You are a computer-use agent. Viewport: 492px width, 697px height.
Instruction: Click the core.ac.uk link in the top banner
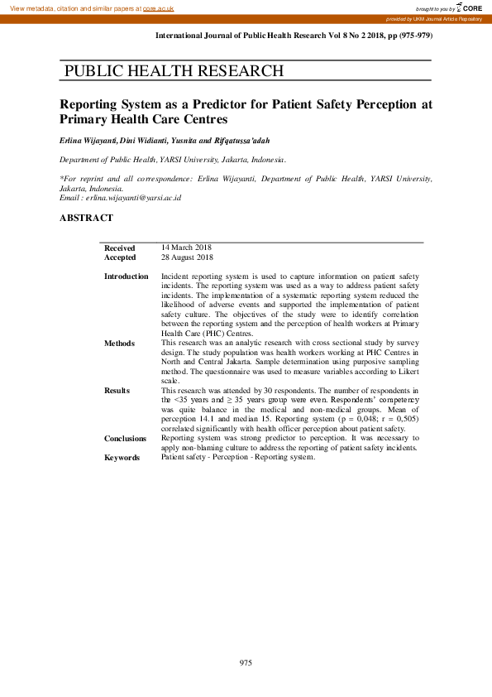[160, 7]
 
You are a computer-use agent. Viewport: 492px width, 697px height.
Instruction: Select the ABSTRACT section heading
[86, 219]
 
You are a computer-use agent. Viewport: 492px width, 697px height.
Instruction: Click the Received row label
[119, 248]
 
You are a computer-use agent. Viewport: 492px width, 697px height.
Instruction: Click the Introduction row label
[126, 276]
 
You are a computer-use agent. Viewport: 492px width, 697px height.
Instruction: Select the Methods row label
[118, 343]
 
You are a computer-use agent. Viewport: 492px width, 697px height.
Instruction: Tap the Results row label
[117, 390]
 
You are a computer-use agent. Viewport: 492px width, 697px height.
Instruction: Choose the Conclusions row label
[125, 439]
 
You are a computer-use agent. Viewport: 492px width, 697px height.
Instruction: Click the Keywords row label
[122, 458]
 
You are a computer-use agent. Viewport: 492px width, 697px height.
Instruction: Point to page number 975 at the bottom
[246, 663]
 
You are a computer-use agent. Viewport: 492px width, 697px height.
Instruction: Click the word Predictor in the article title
[249, 105]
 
